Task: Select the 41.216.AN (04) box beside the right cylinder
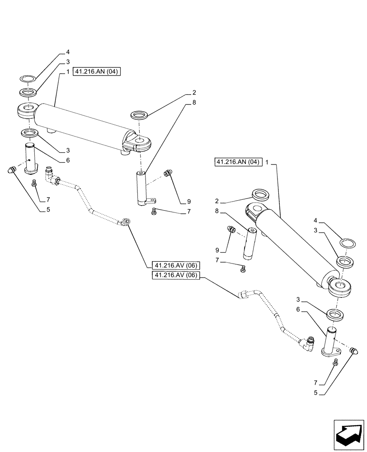[x=238, y=162]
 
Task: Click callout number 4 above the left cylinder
[x=68, y=52]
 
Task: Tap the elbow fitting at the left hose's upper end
[x=50, y=176]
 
